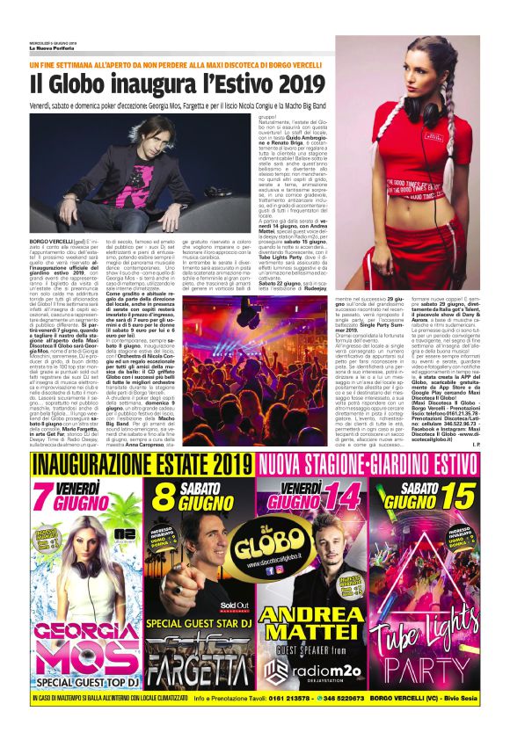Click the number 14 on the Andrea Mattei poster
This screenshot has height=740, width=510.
(339, 498)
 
